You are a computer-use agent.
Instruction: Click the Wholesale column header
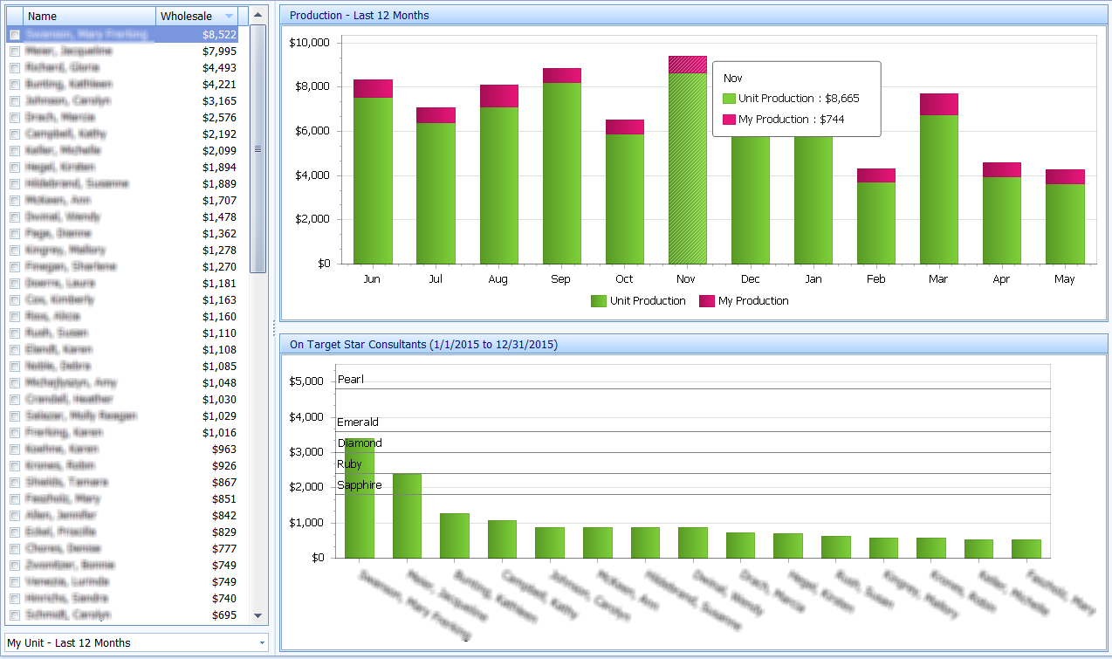(186, 16)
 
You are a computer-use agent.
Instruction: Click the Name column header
(87, 16)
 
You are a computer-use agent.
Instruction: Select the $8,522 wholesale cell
(218, 35)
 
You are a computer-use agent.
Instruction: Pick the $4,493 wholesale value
(218, 68)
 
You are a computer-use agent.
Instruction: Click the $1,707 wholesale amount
(218, 201)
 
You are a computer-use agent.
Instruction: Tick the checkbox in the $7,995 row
(15, 51)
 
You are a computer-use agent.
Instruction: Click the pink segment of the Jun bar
(373, 88)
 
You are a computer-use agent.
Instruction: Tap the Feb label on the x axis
(875, 279)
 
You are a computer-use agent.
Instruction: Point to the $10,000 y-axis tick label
(309, 43)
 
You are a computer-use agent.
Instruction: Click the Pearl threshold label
(350, 380)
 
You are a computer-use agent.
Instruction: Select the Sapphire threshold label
(360, 485)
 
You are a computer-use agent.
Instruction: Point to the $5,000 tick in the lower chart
(306, 381)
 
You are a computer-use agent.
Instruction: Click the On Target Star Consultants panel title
(423, 345)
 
